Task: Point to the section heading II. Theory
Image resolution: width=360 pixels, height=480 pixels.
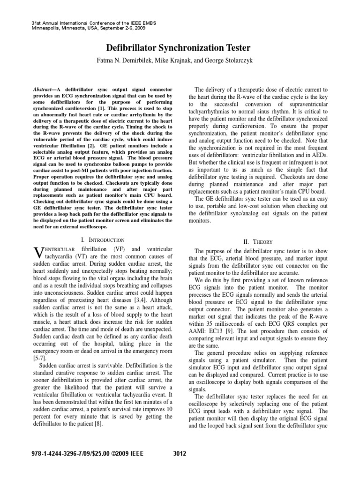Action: click(257, 241)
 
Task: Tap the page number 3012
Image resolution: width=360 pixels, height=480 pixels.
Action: click(180, 453)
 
